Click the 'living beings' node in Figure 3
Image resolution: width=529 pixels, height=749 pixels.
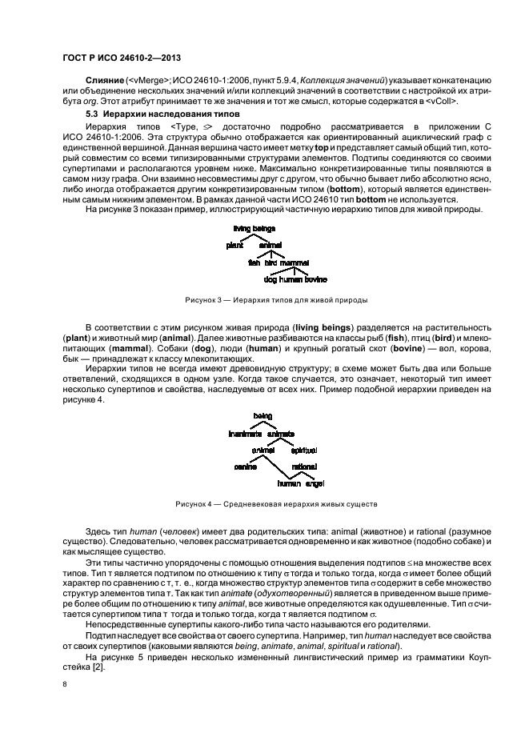[254, 229]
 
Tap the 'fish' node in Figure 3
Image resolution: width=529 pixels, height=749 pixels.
[254, 262]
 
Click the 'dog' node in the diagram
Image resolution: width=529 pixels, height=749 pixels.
[269, 279]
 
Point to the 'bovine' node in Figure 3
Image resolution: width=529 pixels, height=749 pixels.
[315, 279]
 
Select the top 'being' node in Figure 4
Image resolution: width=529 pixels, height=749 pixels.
[262, 416]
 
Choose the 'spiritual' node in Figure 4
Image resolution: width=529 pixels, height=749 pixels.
[303, 450]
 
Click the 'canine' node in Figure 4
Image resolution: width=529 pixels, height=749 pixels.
[245, 467]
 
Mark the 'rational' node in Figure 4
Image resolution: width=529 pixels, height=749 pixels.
[304, 467]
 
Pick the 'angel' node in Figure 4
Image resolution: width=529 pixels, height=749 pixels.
[315, 483]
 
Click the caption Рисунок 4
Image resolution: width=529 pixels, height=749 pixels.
[265, 504]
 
